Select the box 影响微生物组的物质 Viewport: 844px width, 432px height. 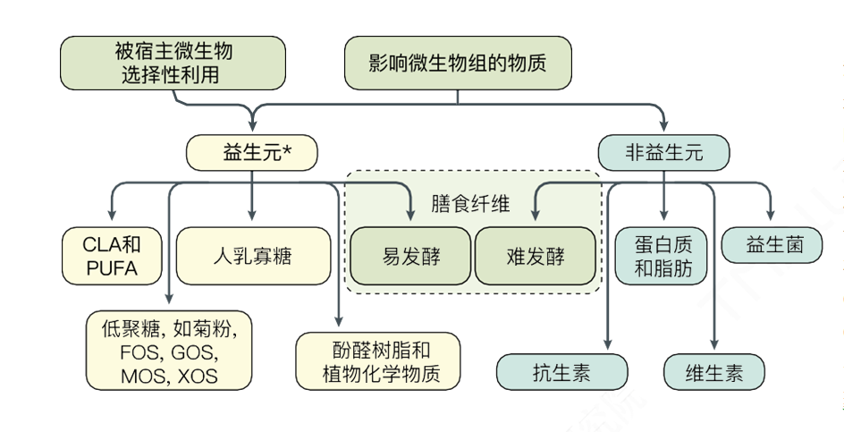pos(458,64)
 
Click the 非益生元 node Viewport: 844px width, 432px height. pos(663,152)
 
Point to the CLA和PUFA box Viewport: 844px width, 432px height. pos(113,255)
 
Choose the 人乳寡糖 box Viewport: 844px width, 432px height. pos(252,256)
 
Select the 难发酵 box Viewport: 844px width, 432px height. pos(534,256)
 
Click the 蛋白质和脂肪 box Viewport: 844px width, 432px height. pos(663,256)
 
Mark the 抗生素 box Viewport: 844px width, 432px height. pos(561,372)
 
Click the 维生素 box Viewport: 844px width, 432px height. pos(713,372)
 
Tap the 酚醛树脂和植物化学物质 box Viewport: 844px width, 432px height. pos(376,362)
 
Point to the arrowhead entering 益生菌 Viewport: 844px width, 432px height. pos(771,215)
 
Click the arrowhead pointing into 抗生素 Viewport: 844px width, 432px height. pos(608,344)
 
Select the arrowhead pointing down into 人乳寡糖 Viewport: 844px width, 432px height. pos(252,215)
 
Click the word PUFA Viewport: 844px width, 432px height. pos(113,267)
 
